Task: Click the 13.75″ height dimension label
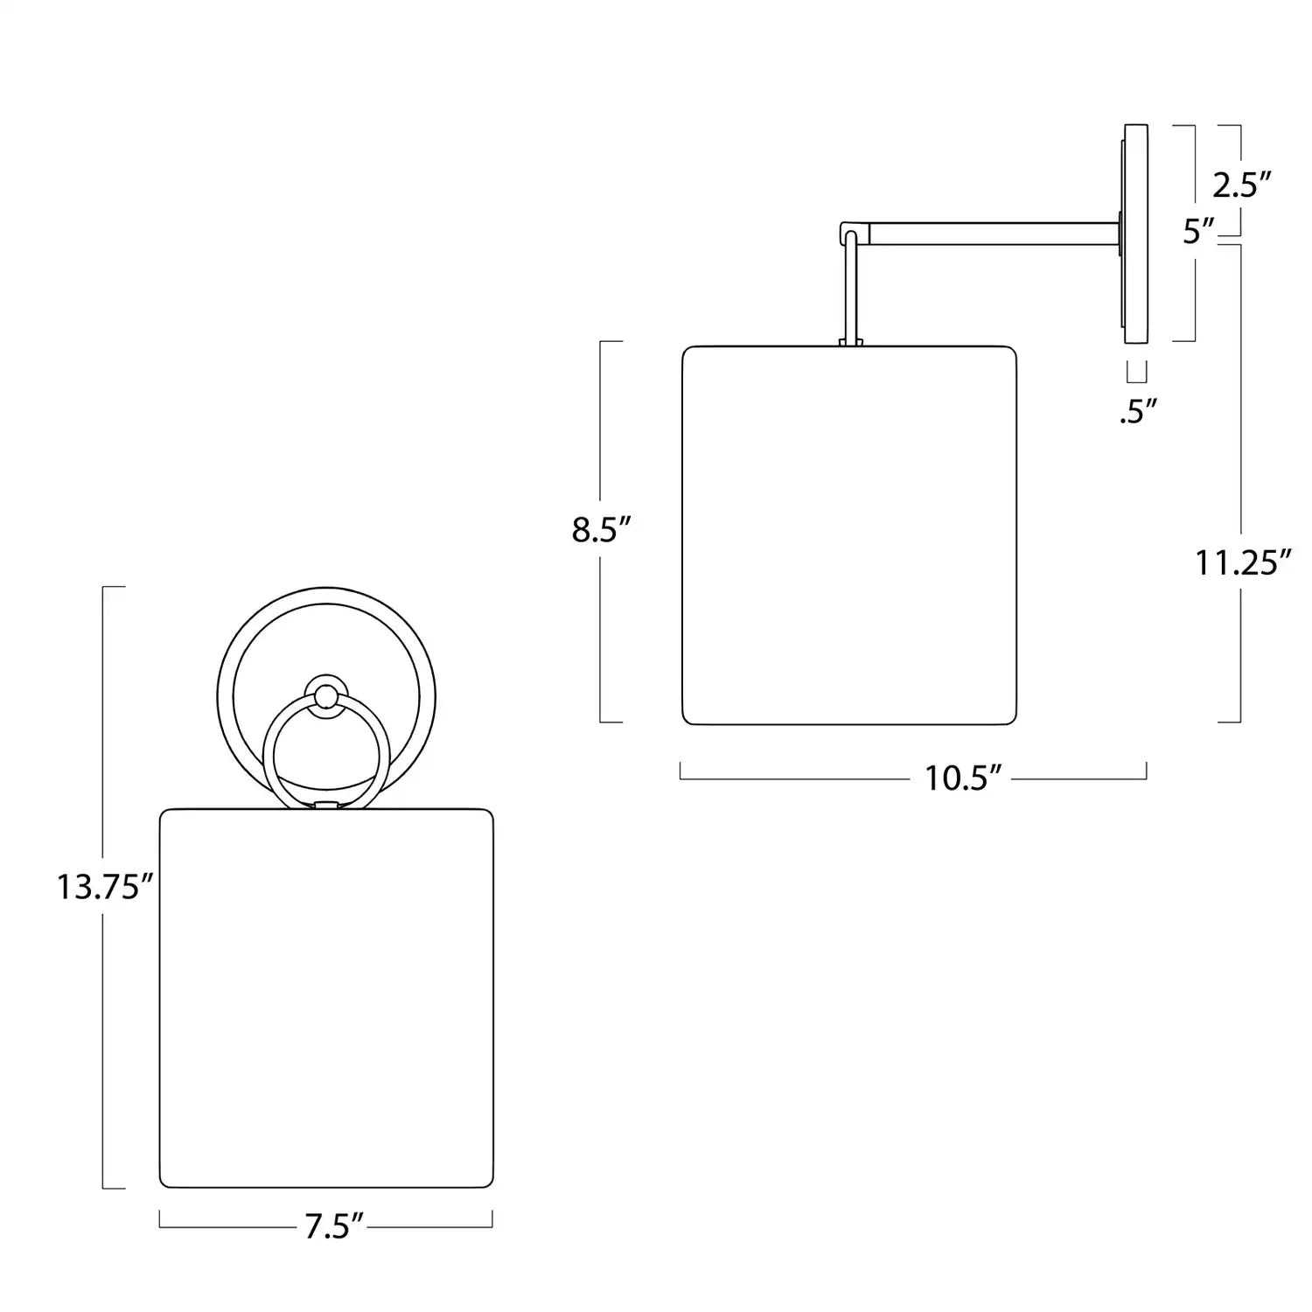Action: (105, 887)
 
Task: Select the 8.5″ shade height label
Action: (602, 530)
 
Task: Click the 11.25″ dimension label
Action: (1243, 562)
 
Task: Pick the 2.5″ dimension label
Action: (1241, 185)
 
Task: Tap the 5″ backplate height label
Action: (1199, 232)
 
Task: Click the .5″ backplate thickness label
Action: (1138, 411)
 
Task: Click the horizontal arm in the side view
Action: (995, 233)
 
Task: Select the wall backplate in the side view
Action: (1134, 233)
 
